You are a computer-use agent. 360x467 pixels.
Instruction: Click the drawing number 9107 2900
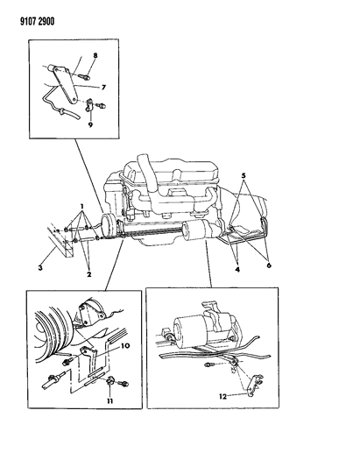37,22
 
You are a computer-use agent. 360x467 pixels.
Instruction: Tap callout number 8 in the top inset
95,55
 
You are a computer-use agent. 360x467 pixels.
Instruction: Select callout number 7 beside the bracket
103,88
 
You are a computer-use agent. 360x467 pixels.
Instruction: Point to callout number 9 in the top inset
90,124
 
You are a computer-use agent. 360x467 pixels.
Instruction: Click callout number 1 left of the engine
81,207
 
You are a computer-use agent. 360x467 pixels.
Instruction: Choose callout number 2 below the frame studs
88,274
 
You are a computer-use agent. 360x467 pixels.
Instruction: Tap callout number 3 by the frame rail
40,268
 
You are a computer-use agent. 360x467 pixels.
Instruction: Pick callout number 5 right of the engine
244,175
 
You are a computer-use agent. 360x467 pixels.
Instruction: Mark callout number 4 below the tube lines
237,270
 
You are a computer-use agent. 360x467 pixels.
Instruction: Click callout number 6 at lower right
269,265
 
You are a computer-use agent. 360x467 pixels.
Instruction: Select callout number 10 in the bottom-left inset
125,346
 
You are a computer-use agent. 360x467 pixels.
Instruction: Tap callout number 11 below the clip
110,401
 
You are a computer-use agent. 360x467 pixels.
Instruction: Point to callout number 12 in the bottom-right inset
222,397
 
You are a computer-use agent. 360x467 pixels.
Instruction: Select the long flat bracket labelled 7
65,85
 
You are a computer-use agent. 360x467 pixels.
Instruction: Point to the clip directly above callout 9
89,106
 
